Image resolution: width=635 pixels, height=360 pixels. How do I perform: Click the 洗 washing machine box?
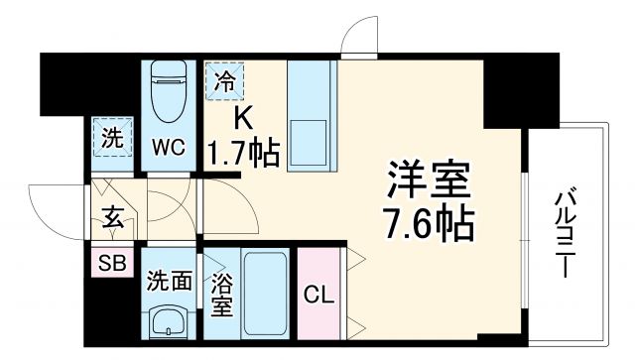(x=112, y=137)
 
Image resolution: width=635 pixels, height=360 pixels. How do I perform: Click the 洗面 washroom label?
(x=170, y=281)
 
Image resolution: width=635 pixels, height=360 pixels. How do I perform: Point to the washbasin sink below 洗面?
(x=170, y=323)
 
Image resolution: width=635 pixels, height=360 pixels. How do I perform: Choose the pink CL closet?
(x=317, y=295)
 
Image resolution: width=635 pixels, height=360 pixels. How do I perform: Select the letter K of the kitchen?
(x=241, y=118)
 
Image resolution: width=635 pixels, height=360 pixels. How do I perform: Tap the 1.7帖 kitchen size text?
(x=242, y=153)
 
